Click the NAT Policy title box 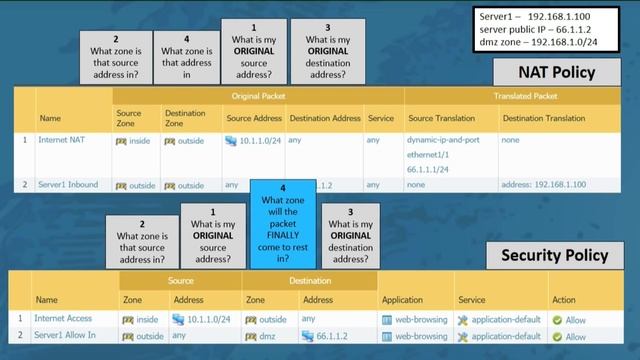click(x=557, y=72)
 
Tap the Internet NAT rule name click(x=62, y=140)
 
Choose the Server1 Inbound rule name click(x=69, y=184)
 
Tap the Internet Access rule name click(x=64, y=319)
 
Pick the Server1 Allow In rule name click(x=66, y=336)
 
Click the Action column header click(x=563, y=299)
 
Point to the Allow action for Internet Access click(x=575, y=319)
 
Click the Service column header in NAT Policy click(x=380, y=118)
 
